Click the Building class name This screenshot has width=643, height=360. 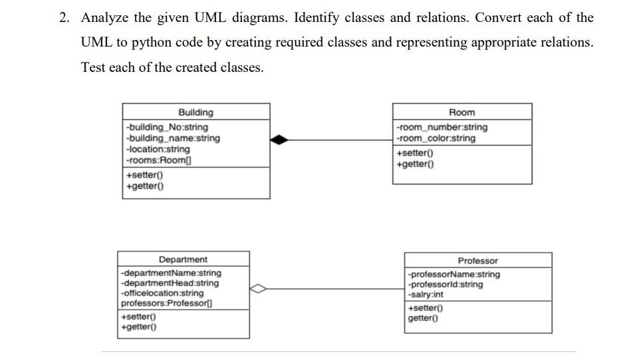pos(195,112)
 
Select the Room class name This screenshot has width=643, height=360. pos(462,112)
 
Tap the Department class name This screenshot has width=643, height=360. pos(183,260)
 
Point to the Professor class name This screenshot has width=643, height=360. pos(477,261)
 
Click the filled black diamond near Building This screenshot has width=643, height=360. pos(280,139)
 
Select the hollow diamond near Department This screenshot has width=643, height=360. pos(259,289)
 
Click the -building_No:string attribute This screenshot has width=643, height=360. pos(166,127)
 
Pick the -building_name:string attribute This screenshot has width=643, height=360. pos(172,138)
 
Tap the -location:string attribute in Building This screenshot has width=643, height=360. pos(158,149)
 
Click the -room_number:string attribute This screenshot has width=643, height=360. pos(442,127)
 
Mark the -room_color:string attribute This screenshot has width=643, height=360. pos(436,138)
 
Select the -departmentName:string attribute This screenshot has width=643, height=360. pos(171,273)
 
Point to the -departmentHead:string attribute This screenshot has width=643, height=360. pos(170,283)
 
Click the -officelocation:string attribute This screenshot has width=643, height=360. pos(162,293)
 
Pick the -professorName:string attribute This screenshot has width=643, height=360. pos(453,274)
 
